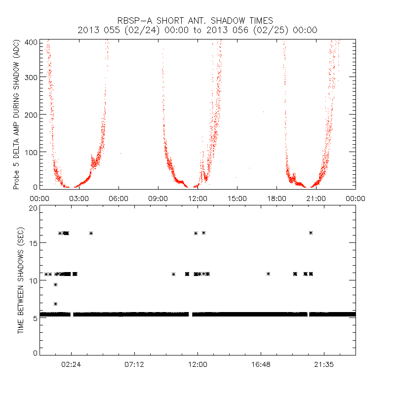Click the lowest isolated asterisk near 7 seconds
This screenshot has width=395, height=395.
point(55,304)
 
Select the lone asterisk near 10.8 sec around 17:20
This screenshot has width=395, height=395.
point(268,274)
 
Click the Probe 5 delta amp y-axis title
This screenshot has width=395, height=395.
point(16,115)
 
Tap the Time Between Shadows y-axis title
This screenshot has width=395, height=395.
point(21,280)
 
